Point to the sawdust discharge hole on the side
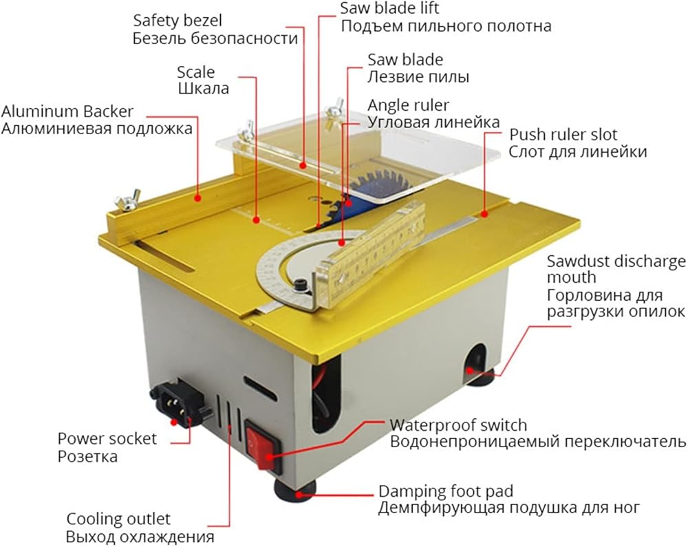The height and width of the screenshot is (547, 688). coord(475,362)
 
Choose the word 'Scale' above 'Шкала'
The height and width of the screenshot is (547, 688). coord(195,72)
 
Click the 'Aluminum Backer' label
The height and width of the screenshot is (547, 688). coord(67,111)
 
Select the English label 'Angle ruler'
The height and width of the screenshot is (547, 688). coord(408,105)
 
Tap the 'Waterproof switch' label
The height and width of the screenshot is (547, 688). coord(458,425)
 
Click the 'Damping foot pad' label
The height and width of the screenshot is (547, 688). coord(446,491)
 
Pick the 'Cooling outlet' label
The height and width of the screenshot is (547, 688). coord(118,519)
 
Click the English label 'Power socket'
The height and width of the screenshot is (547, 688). coord(107,438)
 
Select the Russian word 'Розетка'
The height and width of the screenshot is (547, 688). coord(87,456)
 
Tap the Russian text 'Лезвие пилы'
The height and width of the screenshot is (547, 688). coord(418,77)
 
